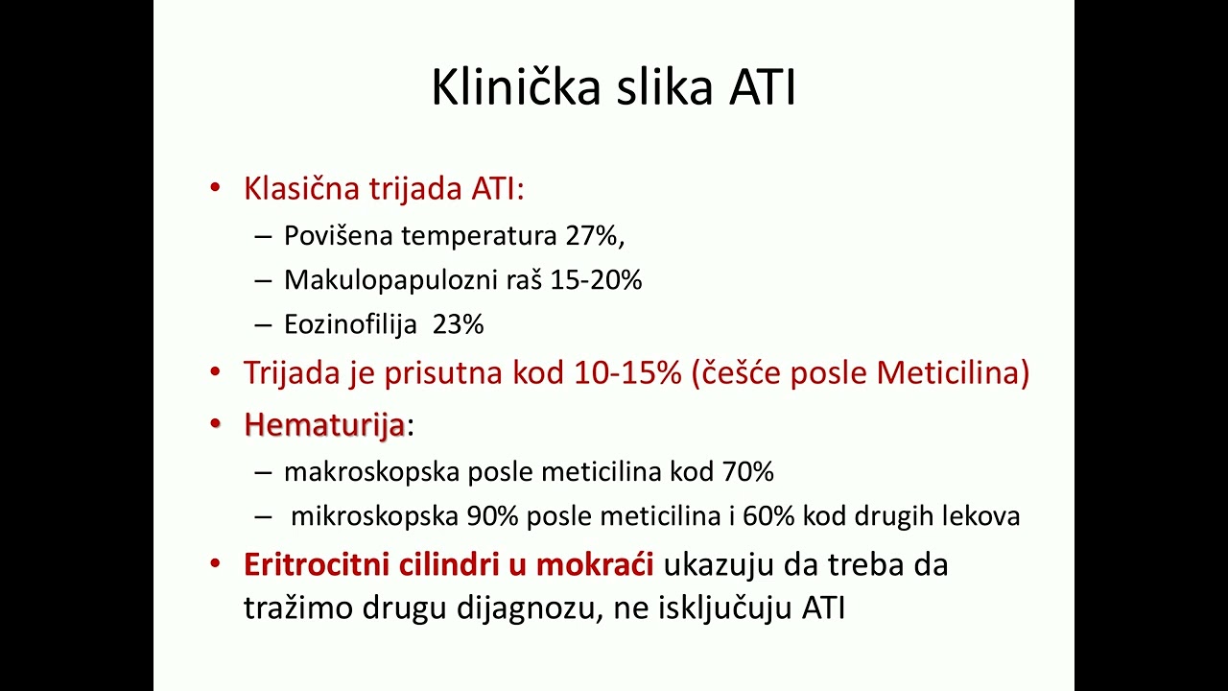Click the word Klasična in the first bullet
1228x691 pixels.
point(301,188)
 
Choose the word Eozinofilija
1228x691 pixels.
point(350,324)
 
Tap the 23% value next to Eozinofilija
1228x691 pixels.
point(458,324)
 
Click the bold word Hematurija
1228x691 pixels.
point(324,424)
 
